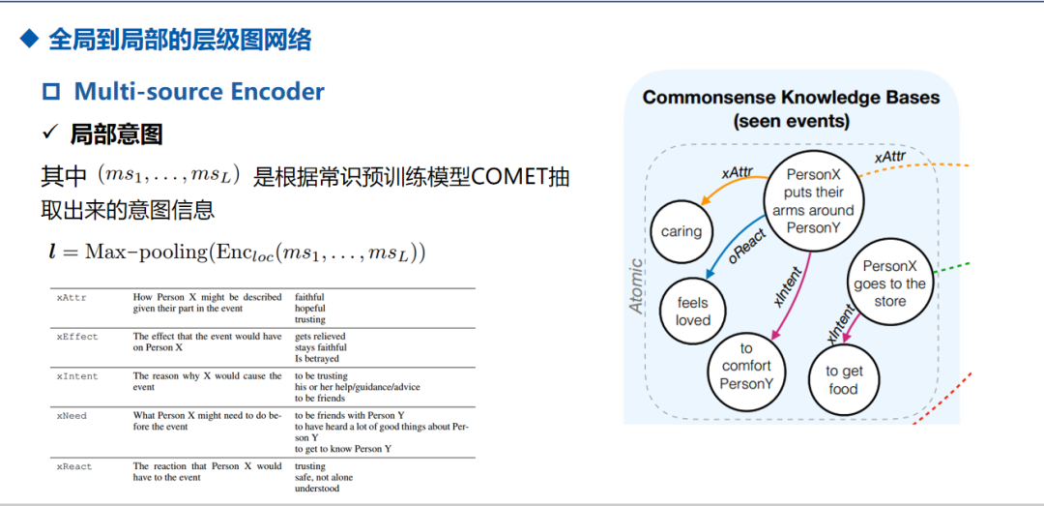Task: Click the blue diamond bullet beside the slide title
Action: (x=30, y=40)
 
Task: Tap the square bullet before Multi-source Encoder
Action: (x=51, y=93)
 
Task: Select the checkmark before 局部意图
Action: (x=50, y=134)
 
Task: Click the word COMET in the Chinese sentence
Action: (x=509, y=177)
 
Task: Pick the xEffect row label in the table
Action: (x=76, y=337)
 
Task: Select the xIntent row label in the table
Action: (x=76, y=376)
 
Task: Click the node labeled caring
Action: (x=681, y=232)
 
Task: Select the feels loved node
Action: (x=692, y=312)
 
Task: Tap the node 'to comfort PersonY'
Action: (x=746, y=366)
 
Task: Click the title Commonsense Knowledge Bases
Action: (x=791, y=98)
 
